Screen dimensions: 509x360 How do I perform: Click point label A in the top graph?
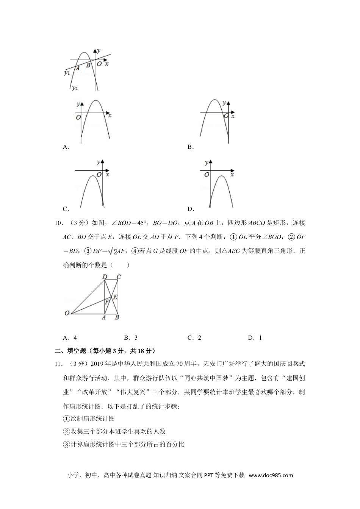(x=78, y=68)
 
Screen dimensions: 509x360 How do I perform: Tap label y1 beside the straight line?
(x=67, y=73)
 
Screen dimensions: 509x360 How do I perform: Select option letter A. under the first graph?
(x=66, y=147)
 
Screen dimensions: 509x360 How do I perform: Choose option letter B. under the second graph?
(x=191, y=147)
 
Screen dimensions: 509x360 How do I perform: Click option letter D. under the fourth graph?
(x=191, y=209)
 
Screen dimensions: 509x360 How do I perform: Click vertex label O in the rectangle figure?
(x=67, y=313)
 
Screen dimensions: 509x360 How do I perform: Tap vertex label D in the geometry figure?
(x=105, y=277)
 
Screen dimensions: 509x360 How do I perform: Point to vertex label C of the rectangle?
(x=119, y=277)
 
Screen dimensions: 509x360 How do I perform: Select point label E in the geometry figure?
(x=115, y=297)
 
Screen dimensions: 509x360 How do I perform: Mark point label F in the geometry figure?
(x=107, y=302)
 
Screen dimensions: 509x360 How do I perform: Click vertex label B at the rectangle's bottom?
(x=117, y=317)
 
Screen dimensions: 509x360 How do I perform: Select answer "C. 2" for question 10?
(x=194, y=338)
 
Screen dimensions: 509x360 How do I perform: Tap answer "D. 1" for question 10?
(x=255, y=338)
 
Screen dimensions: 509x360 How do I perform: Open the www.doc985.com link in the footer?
(x=271, y=476)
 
